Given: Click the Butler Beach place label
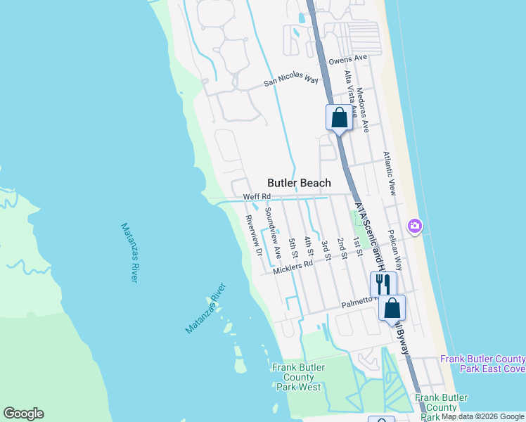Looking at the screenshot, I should pyautogui.click(x=299, y=183).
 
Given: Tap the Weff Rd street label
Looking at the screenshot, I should pyautogui.click(x=257, y=197).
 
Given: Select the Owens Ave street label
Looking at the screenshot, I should pyautogui.click(x=348, y=58).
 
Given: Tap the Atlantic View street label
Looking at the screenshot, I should pyautogui.click(x=389, y=173).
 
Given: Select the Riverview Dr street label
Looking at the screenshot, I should pyautogui.click(x=253, y=234).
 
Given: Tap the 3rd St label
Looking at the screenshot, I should pyautogui.click(x=326, y=248).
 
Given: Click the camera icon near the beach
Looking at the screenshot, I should pyautogui.click(x=416, y=225).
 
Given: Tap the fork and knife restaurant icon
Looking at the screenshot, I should pyautogui.click(x=383, y=283).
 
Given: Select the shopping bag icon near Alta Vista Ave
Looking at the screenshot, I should pyautogui.click(x=339, y=116).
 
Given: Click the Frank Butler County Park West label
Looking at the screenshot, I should pyautogui.click(x=299, y=377).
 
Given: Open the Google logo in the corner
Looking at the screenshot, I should pyautogui.click(x=23, y=414).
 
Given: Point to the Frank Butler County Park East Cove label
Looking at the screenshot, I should pyautogui.click(x=482, y=364).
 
